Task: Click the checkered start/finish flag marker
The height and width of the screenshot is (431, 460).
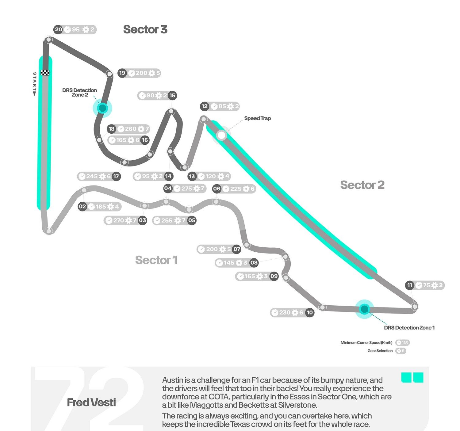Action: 45,73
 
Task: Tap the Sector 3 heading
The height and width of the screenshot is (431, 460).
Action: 145,29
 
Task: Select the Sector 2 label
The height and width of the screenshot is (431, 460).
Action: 362,185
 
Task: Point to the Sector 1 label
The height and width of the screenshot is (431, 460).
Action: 156,260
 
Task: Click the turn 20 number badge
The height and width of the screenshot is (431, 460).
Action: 58,29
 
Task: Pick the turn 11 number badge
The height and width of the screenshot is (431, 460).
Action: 410,285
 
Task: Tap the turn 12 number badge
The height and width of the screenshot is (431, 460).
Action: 205,106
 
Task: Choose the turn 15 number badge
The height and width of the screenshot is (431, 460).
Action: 172,95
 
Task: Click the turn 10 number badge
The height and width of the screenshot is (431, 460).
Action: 310,312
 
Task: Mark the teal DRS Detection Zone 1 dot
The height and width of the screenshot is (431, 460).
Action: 364,309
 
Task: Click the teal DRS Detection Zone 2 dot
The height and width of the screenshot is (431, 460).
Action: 102,108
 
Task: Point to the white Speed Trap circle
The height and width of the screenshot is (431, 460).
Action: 221,135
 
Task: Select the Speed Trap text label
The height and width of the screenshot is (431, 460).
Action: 257,118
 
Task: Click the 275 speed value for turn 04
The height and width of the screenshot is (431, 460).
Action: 186,189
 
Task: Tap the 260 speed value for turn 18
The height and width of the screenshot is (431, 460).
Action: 131,129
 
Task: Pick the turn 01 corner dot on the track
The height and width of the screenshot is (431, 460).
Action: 48,231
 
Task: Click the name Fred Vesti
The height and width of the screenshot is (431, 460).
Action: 91,402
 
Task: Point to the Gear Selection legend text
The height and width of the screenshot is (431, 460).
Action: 380,351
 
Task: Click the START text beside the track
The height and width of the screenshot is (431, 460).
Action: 34,81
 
